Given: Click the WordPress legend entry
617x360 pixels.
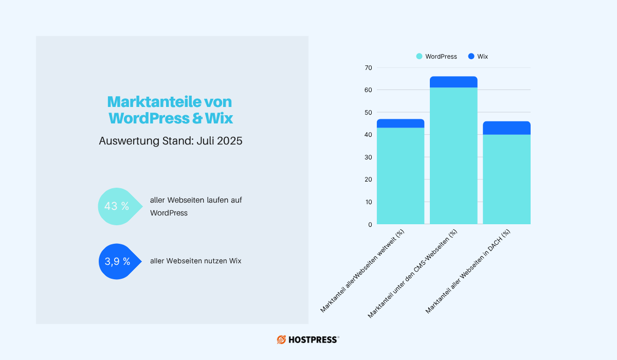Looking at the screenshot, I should [437, 57].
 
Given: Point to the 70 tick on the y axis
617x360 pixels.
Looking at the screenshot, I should [368, 68].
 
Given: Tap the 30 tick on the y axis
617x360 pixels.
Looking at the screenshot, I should [368, 157].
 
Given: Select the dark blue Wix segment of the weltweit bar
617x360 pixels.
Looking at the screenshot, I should [401, 123].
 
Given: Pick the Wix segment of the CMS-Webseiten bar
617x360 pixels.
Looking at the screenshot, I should [453, 82].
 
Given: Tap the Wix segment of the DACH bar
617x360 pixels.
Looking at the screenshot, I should [506, 128].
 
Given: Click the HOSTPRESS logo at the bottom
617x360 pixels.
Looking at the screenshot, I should [308, 339].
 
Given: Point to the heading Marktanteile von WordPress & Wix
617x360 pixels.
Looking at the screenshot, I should [171, 110].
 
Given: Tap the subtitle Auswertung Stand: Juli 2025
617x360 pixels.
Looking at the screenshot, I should [171, 141].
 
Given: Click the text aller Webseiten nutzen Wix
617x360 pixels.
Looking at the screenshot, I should [195, 261].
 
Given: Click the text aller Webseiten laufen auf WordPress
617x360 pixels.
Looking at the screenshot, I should [195, 206].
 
